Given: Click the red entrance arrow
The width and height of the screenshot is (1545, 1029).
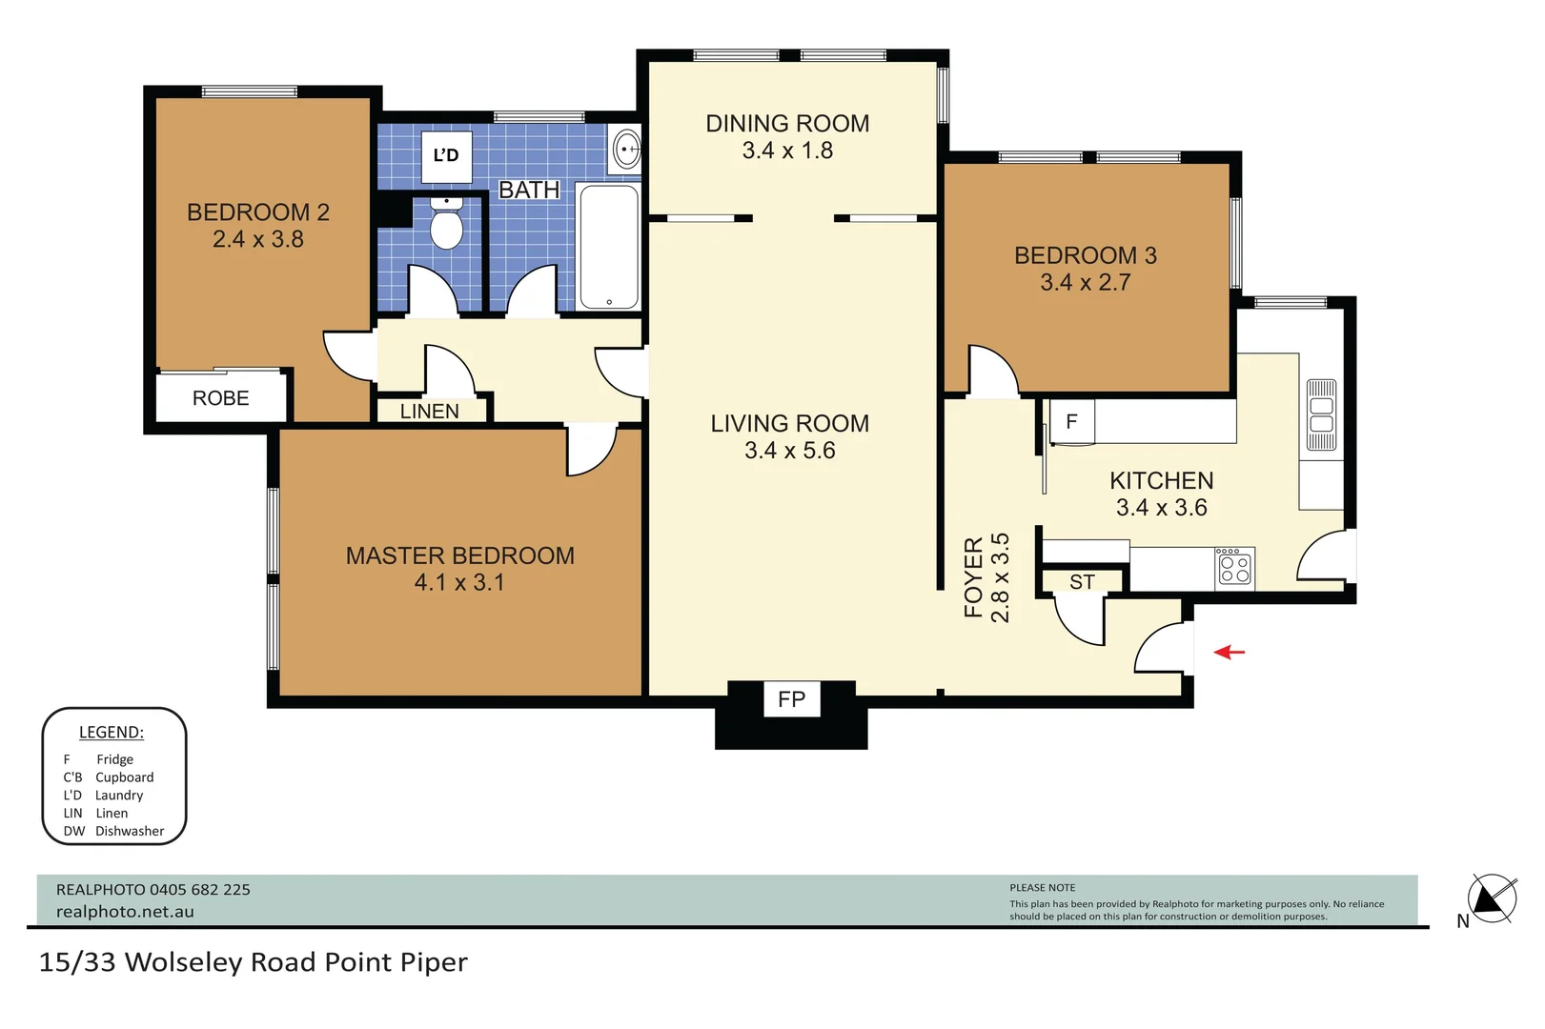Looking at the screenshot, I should pyautogui.click(x=1230, y=653).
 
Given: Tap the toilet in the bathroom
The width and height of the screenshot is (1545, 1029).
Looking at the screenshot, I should pyautogui.click(x=446, y=225).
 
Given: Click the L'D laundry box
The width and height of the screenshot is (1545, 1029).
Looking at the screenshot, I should pyautogui.click(x=446, y=156).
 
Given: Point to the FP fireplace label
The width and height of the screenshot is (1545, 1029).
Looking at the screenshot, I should pyautogui.click(x=791, y=700).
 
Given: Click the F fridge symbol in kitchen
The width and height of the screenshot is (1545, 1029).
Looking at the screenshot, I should pyautogui.click(x=1072, y=422).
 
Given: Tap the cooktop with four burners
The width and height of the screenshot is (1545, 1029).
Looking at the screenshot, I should pyautogui.click(x=1235, y=568).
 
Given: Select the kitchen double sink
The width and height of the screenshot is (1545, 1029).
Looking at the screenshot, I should pyautogui.click(x=1321, y=415).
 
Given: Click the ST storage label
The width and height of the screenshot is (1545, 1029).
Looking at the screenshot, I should pyautogui.click(x=1082, y=582).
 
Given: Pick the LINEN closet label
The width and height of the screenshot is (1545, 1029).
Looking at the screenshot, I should pyautogui.click(x=429, y=412).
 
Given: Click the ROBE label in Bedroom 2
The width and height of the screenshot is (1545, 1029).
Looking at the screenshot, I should pyautogui.click(x=220, y=398).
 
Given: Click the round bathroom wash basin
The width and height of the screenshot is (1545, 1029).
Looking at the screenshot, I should pyautogui.click(x=626, y=150).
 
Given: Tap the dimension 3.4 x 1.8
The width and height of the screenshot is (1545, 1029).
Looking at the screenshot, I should pyautogui.click(x=787, y=151).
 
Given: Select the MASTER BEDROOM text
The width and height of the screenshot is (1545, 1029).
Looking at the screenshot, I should pyautogui.click(x=459, y=555).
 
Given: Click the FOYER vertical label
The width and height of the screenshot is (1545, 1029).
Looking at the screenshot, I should pyautogui.click(x=973, y=577).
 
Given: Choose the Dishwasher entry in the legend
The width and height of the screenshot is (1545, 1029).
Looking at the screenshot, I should pyautogui.click(x=113, y=831).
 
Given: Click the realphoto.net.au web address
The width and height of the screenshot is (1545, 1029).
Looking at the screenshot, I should pyautogui.click(x=125, y=912).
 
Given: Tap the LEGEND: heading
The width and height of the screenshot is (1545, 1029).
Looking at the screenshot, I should pyautogui.click(x=111, y=733).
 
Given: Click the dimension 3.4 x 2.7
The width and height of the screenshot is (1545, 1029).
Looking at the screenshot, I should pyautogui.click(x=1085, y=283).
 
